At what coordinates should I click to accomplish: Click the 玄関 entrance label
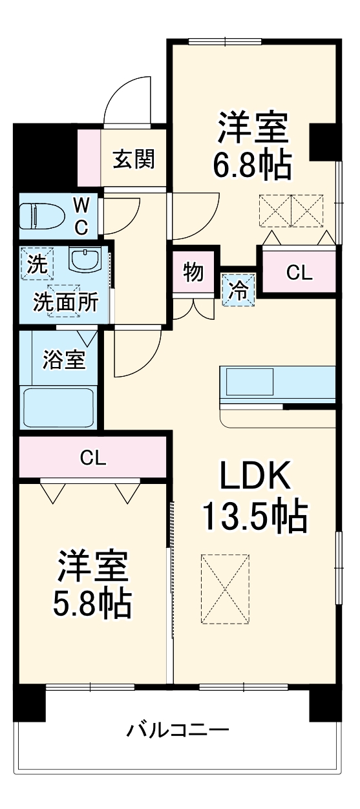pos(134,159)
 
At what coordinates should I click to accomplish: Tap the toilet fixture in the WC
pos(42,216)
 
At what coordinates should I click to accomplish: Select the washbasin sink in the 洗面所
pos(85,261)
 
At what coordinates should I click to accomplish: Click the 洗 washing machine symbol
pos(37,264)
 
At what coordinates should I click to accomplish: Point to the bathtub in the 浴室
pos(58,407)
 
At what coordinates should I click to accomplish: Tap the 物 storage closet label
pos(193,272)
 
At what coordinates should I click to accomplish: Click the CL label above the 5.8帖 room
pos(93,457)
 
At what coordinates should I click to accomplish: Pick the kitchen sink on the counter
pos(249,381)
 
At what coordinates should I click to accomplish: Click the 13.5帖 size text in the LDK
pos(255,516)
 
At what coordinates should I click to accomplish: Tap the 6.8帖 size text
pos(252,165)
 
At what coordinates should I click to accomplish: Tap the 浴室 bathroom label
pos(64,360)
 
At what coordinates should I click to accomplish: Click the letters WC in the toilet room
pos(81,217)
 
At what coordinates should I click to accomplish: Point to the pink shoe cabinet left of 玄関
pos(89,158)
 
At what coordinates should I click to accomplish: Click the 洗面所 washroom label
pos(66,302)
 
